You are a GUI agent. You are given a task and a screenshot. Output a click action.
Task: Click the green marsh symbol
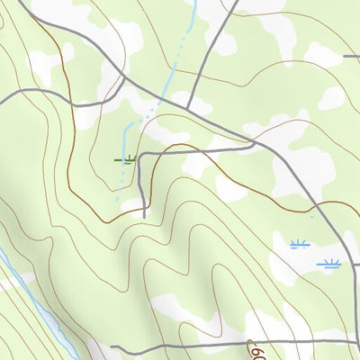point(129,160)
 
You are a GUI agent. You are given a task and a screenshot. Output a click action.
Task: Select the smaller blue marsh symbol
point(299,244)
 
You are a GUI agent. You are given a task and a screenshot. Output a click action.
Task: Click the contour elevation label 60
point(258,352)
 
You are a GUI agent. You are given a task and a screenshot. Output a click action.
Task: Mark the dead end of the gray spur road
point(144,217)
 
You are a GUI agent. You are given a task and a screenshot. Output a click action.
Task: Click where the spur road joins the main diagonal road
point(255,142)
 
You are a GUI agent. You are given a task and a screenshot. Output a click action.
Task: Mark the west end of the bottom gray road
point(112,346)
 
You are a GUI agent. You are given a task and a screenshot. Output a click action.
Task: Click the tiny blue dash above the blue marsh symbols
point(312,216)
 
